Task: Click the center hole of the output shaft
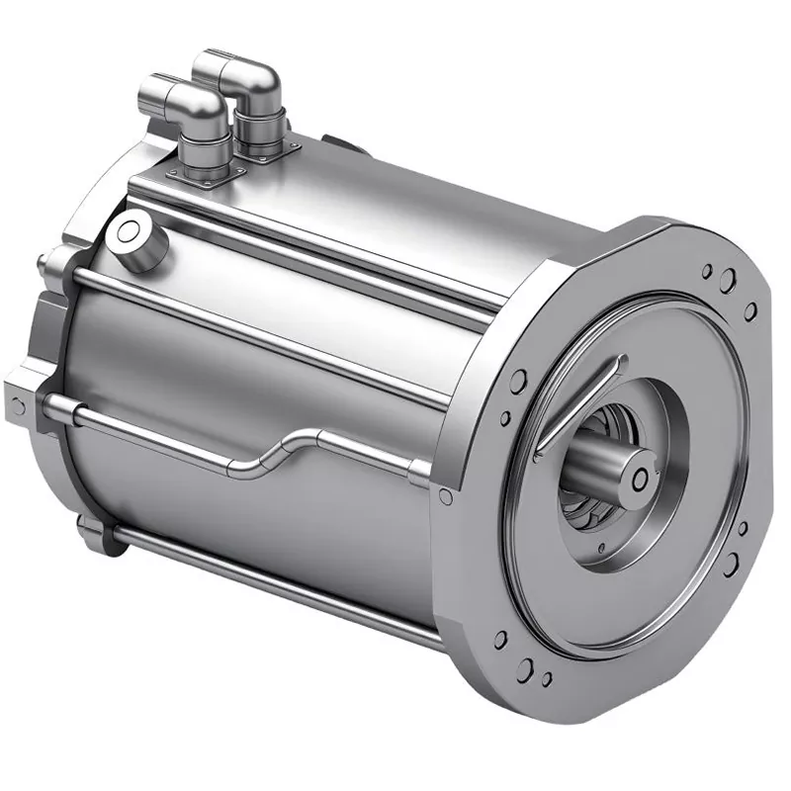[x=641, y=479]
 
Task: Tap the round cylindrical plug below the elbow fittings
[x=134, y=237]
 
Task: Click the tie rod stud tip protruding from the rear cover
[x=42, y=263]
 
